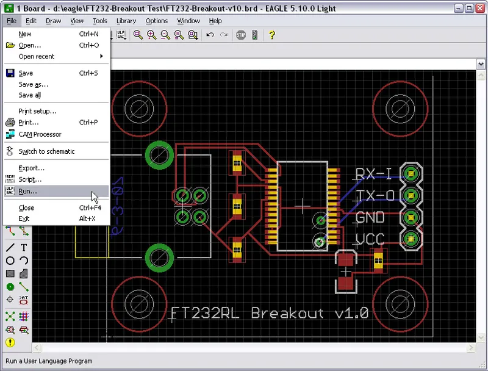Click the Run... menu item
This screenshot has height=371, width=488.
click(x=28, y=191)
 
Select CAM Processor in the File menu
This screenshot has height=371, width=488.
click(x=40, y=134)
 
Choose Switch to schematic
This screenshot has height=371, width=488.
click(x=46, y=151)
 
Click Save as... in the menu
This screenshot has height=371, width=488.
click(x=33, y=84)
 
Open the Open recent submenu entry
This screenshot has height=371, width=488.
click(x=37, y=57)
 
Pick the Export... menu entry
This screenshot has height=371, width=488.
click(x=32, y=168)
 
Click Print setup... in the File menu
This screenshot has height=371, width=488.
click(x=37, y=111)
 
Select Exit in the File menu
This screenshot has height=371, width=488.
click(x=24, y=218)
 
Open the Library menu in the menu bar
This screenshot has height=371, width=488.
click(x=126, y=21)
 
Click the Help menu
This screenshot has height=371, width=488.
click(x=215, y=21)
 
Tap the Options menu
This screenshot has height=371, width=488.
click(x=156, y=21)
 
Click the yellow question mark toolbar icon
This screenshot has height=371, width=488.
click(x=272, y=35)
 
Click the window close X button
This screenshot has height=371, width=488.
click(x=479, y=9)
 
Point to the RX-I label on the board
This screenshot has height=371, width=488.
click(x=373, y=175)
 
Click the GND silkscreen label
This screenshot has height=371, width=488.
click(x=370, y=217)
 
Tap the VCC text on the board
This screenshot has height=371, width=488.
click(x=370, y=239)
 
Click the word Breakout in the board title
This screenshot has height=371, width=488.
click(x=287, y=313)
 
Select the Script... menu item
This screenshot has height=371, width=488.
click(x=30, y=179)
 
